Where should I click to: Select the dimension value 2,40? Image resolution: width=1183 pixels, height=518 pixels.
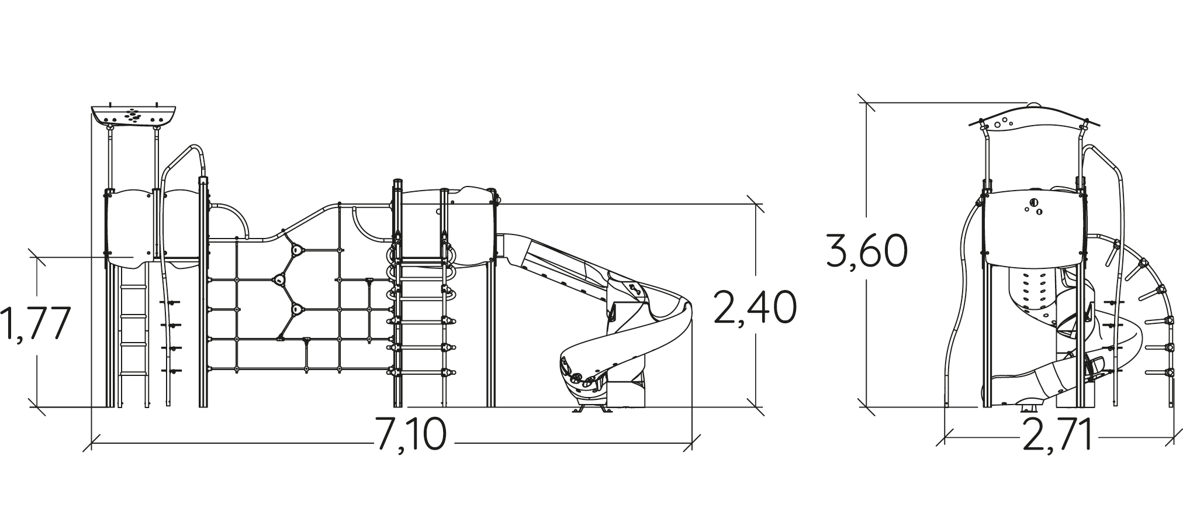[754, 307]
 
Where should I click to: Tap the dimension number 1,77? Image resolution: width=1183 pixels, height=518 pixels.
[35, 323]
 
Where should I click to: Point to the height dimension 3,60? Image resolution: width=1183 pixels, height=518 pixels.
[867, 250]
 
